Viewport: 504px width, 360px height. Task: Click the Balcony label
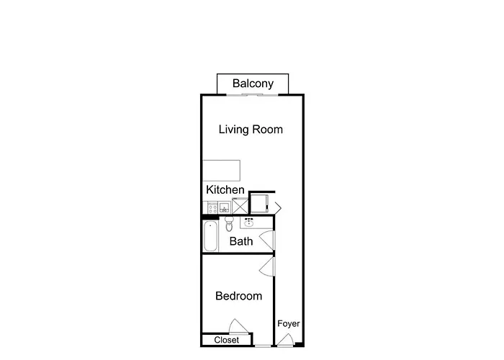tap(253, 84)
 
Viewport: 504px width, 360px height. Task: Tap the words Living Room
tap(251, 130)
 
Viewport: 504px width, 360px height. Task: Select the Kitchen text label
tap(225, 189)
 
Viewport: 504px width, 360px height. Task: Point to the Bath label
tap(240, 241)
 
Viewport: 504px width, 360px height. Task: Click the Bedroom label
tap(239, 296)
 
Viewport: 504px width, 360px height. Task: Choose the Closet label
tap(226, 340)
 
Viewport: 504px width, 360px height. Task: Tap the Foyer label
tap(289, 324)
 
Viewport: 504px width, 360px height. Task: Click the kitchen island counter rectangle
tap(221, 170)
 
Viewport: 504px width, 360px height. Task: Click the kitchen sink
tap(224, 207)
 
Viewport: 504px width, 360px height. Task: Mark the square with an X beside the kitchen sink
tap(239, 206)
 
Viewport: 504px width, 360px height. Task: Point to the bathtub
tap(210, 237)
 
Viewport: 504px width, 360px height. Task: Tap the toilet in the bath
tap(229, 222)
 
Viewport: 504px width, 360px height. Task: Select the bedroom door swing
tap(267, 268)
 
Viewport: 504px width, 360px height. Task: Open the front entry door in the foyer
tap(285, 341)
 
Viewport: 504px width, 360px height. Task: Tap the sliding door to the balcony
tap(253, 94)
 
